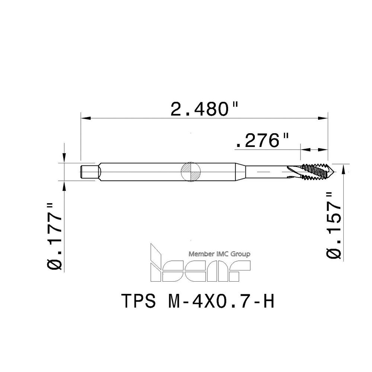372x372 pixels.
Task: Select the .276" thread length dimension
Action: coord(262,141)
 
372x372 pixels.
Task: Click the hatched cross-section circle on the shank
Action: coord(190,172)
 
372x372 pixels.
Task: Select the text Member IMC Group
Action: coord(219,254)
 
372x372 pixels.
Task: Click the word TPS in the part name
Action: coord(138,301)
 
